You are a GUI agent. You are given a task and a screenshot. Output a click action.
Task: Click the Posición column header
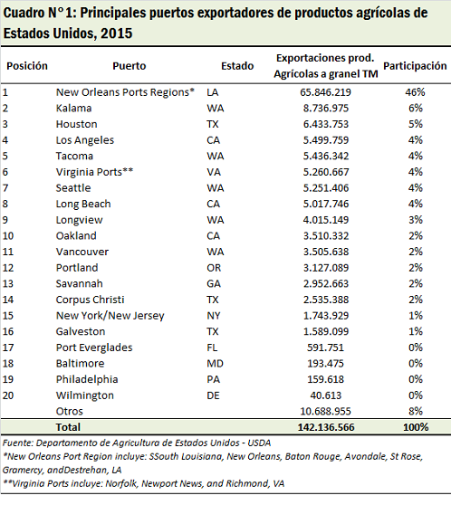27,66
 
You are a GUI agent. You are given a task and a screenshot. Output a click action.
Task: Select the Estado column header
237,66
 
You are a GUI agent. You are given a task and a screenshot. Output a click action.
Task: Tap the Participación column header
415,66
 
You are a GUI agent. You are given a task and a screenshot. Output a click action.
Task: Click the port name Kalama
74,109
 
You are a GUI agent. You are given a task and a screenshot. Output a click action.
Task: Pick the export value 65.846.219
326,92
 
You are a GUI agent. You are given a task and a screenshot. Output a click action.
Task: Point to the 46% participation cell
415,92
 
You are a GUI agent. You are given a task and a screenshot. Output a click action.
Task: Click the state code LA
213,92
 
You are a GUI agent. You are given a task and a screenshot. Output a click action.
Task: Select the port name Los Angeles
85,140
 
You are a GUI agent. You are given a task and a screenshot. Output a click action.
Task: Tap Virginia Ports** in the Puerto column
94,172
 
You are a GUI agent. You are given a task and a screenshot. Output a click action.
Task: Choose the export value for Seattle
326,188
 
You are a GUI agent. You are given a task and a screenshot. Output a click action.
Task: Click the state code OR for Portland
214,268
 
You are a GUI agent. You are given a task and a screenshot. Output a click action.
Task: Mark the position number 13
8,284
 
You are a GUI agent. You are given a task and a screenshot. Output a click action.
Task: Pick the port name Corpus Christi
90,300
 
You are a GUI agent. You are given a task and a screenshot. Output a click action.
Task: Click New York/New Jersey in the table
110,316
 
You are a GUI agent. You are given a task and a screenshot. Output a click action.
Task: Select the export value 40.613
326,395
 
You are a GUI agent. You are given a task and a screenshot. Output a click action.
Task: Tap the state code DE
213,395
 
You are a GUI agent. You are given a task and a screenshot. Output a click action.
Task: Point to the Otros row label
70,411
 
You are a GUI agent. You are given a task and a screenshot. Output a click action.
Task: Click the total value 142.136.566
326,427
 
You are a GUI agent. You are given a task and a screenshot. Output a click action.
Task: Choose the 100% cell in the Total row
416,427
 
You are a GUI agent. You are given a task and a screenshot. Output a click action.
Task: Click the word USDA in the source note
259,443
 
